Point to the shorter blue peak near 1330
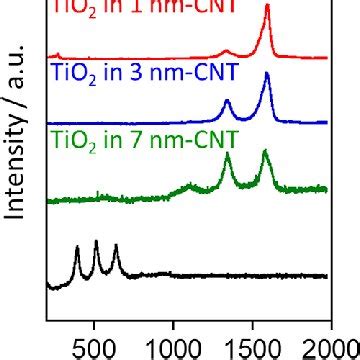[x=227, y=101]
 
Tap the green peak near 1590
[x=265, y=152]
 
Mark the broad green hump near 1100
[x=190, y=186]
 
